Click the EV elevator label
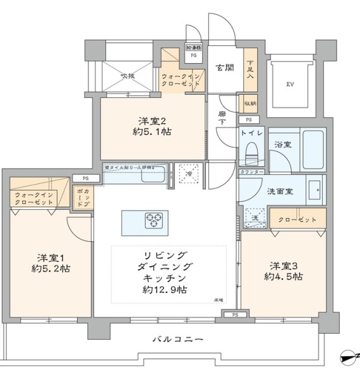(290, 84)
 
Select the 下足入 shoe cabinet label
(251, 68)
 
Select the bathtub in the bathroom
(313, 149)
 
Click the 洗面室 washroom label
(279, 191)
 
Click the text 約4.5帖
(282, 277)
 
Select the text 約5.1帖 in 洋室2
(152, 132)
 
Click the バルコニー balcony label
(179, 339)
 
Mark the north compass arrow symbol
(348, 358)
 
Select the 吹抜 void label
(128, 76)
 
